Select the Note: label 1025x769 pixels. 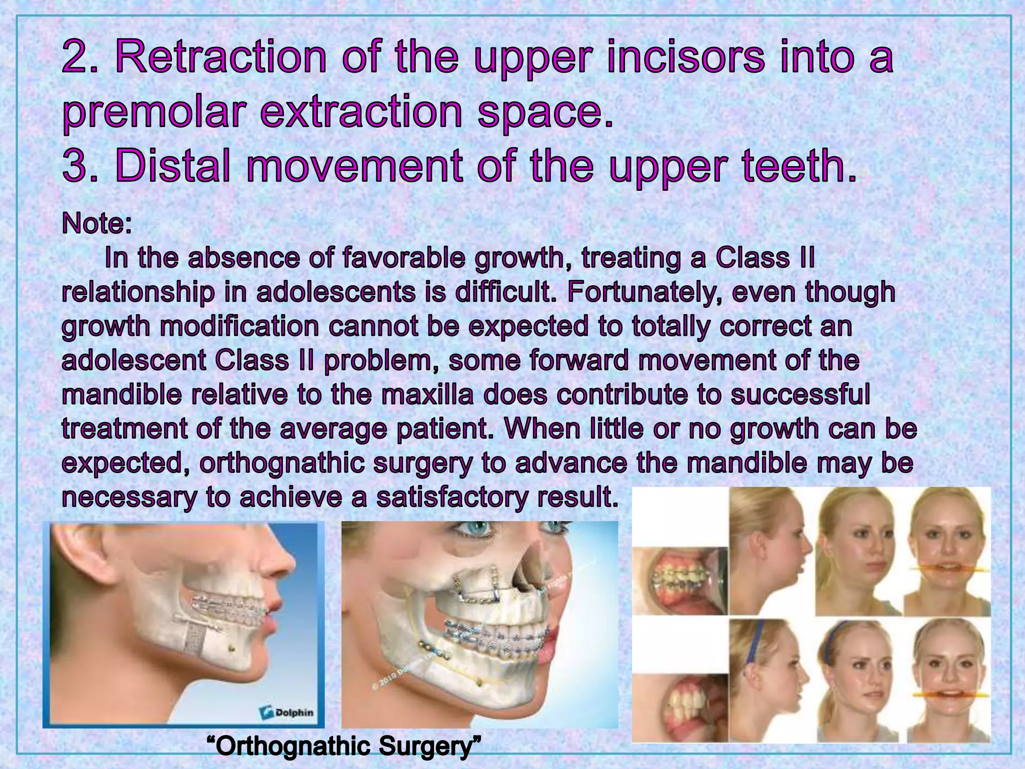(97, 223)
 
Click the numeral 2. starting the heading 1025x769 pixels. (80, 59)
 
